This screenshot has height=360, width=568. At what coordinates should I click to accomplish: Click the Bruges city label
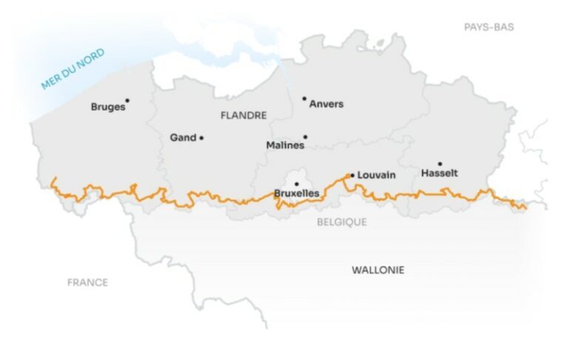107,107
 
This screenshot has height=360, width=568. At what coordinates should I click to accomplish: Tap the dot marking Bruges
127,101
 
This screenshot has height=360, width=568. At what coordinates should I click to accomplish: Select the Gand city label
183,137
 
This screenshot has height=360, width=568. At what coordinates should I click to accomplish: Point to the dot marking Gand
201,137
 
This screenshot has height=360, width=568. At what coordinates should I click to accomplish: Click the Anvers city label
326,104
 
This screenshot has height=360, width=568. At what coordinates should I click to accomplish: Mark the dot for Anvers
304,98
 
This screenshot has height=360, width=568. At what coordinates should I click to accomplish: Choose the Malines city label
285,146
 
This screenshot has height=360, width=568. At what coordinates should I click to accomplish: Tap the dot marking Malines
305,137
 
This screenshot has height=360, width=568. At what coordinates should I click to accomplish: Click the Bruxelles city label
297,194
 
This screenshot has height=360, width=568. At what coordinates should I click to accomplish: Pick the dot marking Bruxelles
297,184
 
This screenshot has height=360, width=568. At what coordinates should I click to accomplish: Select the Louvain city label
376,175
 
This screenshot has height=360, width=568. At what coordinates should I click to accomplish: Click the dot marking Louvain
352,175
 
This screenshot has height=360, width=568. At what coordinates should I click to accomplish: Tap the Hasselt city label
439,174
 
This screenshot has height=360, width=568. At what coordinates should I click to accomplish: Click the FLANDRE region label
243,115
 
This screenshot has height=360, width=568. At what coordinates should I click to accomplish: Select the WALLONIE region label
378,271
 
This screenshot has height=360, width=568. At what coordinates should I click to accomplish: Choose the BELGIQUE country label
342,222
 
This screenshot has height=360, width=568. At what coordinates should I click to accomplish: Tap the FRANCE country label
87,282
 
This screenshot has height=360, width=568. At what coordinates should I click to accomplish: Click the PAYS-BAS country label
489,27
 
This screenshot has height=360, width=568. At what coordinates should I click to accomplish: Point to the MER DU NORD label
72,69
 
